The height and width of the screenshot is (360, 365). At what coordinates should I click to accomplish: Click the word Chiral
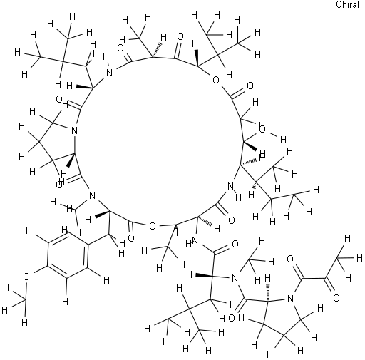tap(347, 4)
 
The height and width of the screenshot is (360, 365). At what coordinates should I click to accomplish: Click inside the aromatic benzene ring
tap(67, 255)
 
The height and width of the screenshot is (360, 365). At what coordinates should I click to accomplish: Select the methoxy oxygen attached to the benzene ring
tap(26, 277)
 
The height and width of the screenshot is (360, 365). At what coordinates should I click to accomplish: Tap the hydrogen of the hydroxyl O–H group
tap(283, 140)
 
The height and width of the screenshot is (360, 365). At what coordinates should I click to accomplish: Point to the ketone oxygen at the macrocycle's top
tap(180, 36)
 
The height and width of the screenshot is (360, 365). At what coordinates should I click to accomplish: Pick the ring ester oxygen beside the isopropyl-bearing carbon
tap(215, 80)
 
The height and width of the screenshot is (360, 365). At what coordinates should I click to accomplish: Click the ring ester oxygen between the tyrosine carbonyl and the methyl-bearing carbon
tap(153, 226)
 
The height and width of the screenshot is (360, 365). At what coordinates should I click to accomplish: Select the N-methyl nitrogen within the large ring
tap(92, 195)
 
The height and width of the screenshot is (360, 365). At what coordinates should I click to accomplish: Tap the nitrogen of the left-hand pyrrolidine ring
tap(74, 130)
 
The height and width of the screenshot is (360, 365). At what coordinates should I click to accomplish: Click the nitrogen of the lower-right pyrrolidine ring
tap(290, 299)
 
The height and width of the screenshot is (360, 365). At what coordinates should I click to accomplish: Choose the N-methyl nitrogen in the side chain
tap(235, 278)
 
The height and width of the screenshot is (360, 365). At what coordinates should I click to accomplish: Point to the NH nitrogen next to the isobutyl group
tap(109, 73)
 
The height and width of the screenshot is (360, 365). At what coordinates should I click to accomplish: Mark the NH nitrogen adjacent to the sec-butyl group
tap(230, 186)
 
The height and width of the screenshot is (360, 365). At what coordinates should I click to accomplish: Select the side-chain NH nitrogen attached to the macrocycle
tap(195, 241)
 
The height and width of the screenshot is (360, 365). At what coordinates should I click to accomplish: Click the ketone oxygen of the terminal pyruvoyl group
tap(336, 298)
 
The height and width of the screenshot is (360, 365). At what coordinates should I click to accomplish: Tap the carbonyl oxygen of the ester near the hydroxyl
tap(250, 86)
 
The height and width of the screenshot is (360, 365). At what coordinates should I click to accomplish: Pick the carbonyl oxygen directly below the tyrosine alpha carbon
tap(131, 238)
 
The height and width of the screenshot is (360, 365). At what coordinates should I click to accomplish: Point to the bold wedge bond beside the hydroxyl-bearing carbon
tap(250, 146)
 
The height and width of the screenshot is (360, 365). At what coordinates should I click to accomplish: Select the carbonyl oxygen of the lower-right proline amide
tap(232, 318)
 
